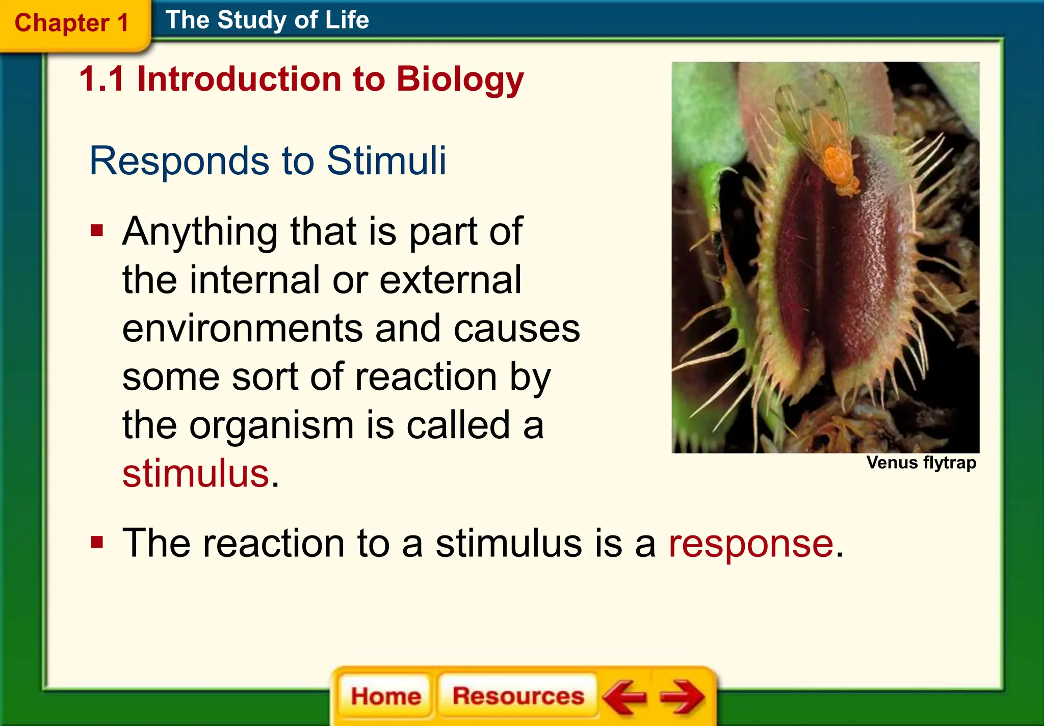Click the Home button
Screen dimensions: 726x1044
[385, 696]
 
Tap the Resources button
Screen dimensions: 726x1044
[518, 696]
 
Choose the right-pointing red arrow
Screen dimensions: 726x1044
[682, 696]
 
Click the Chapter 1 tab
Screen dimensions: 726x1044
[71, 23]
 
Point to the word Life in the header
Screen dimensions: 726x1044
[347, 20]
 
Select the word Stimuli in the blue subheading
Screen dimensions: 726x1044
[386, 161]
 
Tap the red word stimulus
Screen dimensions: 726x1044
[196, 473]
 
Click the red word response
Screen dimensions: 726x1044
[751, 544]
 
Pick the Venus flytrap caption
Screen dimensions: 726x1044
[921, 463]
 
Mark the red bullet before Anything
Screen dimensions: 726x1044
[97, 231]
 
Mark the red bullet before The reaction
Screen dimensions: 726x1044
[97, 543]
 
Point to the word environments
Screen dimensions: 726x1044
[242, 329]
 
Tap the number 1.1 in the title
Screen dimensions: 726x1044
[102, 80]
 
